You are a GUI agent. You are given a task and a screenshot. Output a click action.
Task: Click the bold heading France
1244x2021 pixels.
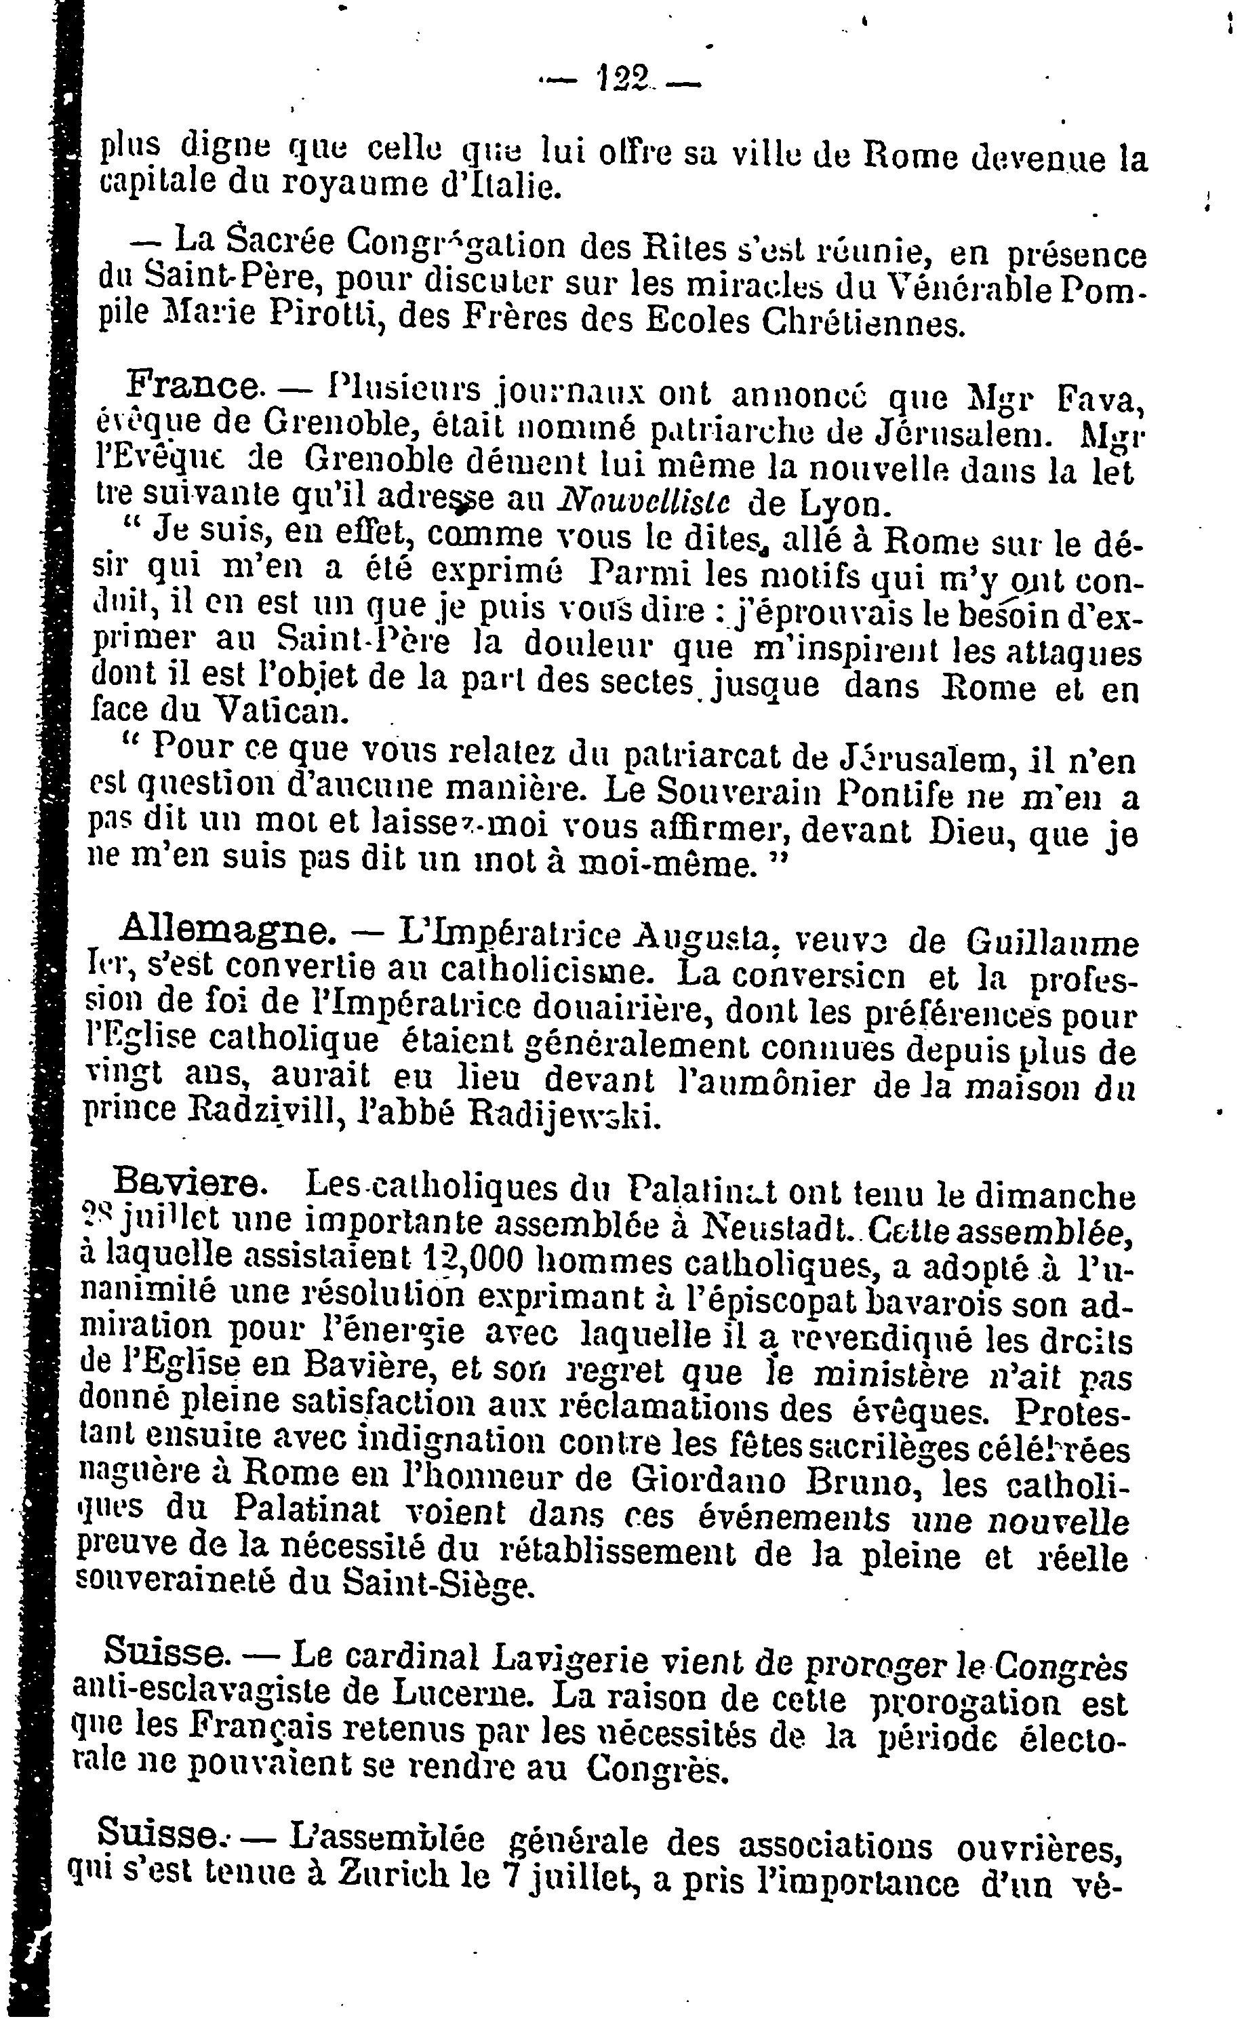tap(194, 383)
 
